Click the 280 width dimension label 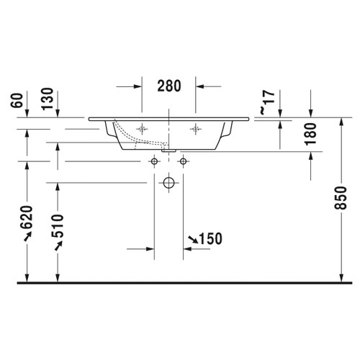168,85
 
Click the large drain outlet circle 168,183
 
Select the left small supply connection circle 154,161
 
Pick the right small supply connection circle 183,161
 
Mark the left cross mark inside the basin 143,129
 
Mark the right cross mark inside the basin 194,129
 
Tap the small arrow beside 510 58,248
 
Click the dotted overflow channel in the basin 130,136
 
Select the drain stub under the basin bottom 168,150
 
